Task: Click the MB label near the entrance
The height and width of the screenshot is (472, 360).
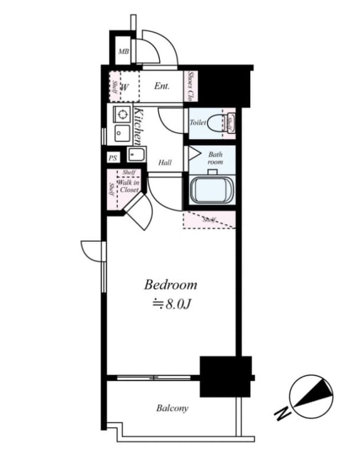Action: click(123, 52)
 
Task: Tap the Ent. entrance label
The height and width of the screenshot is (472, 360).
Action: click(162, 86)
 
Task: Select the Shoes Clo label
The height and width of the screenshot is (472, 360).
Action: click(191, 86)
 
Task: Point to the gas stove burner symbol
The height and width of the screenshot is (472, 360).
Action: click(122, 114)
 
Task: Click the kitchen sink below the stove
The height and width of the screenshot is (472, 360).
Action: click(122, 133)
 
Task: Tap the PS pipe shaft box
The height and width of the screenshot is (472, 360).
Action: click(113, 158)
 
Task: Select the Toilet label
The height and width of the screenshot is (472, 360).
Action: click(197, 123)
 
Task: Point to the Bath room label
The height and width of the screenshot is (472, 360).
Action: click(215, 158)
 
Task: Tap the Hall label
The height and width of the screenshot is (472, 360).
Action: click(165, 162)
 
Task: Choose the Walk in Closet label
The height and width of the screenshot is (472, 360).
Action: click(127, 186)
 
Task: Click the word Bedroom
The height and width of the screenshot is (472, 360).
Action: click(171, 286)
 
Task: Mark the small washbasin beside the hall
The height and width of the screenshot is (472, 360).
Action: click(136, 156)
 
